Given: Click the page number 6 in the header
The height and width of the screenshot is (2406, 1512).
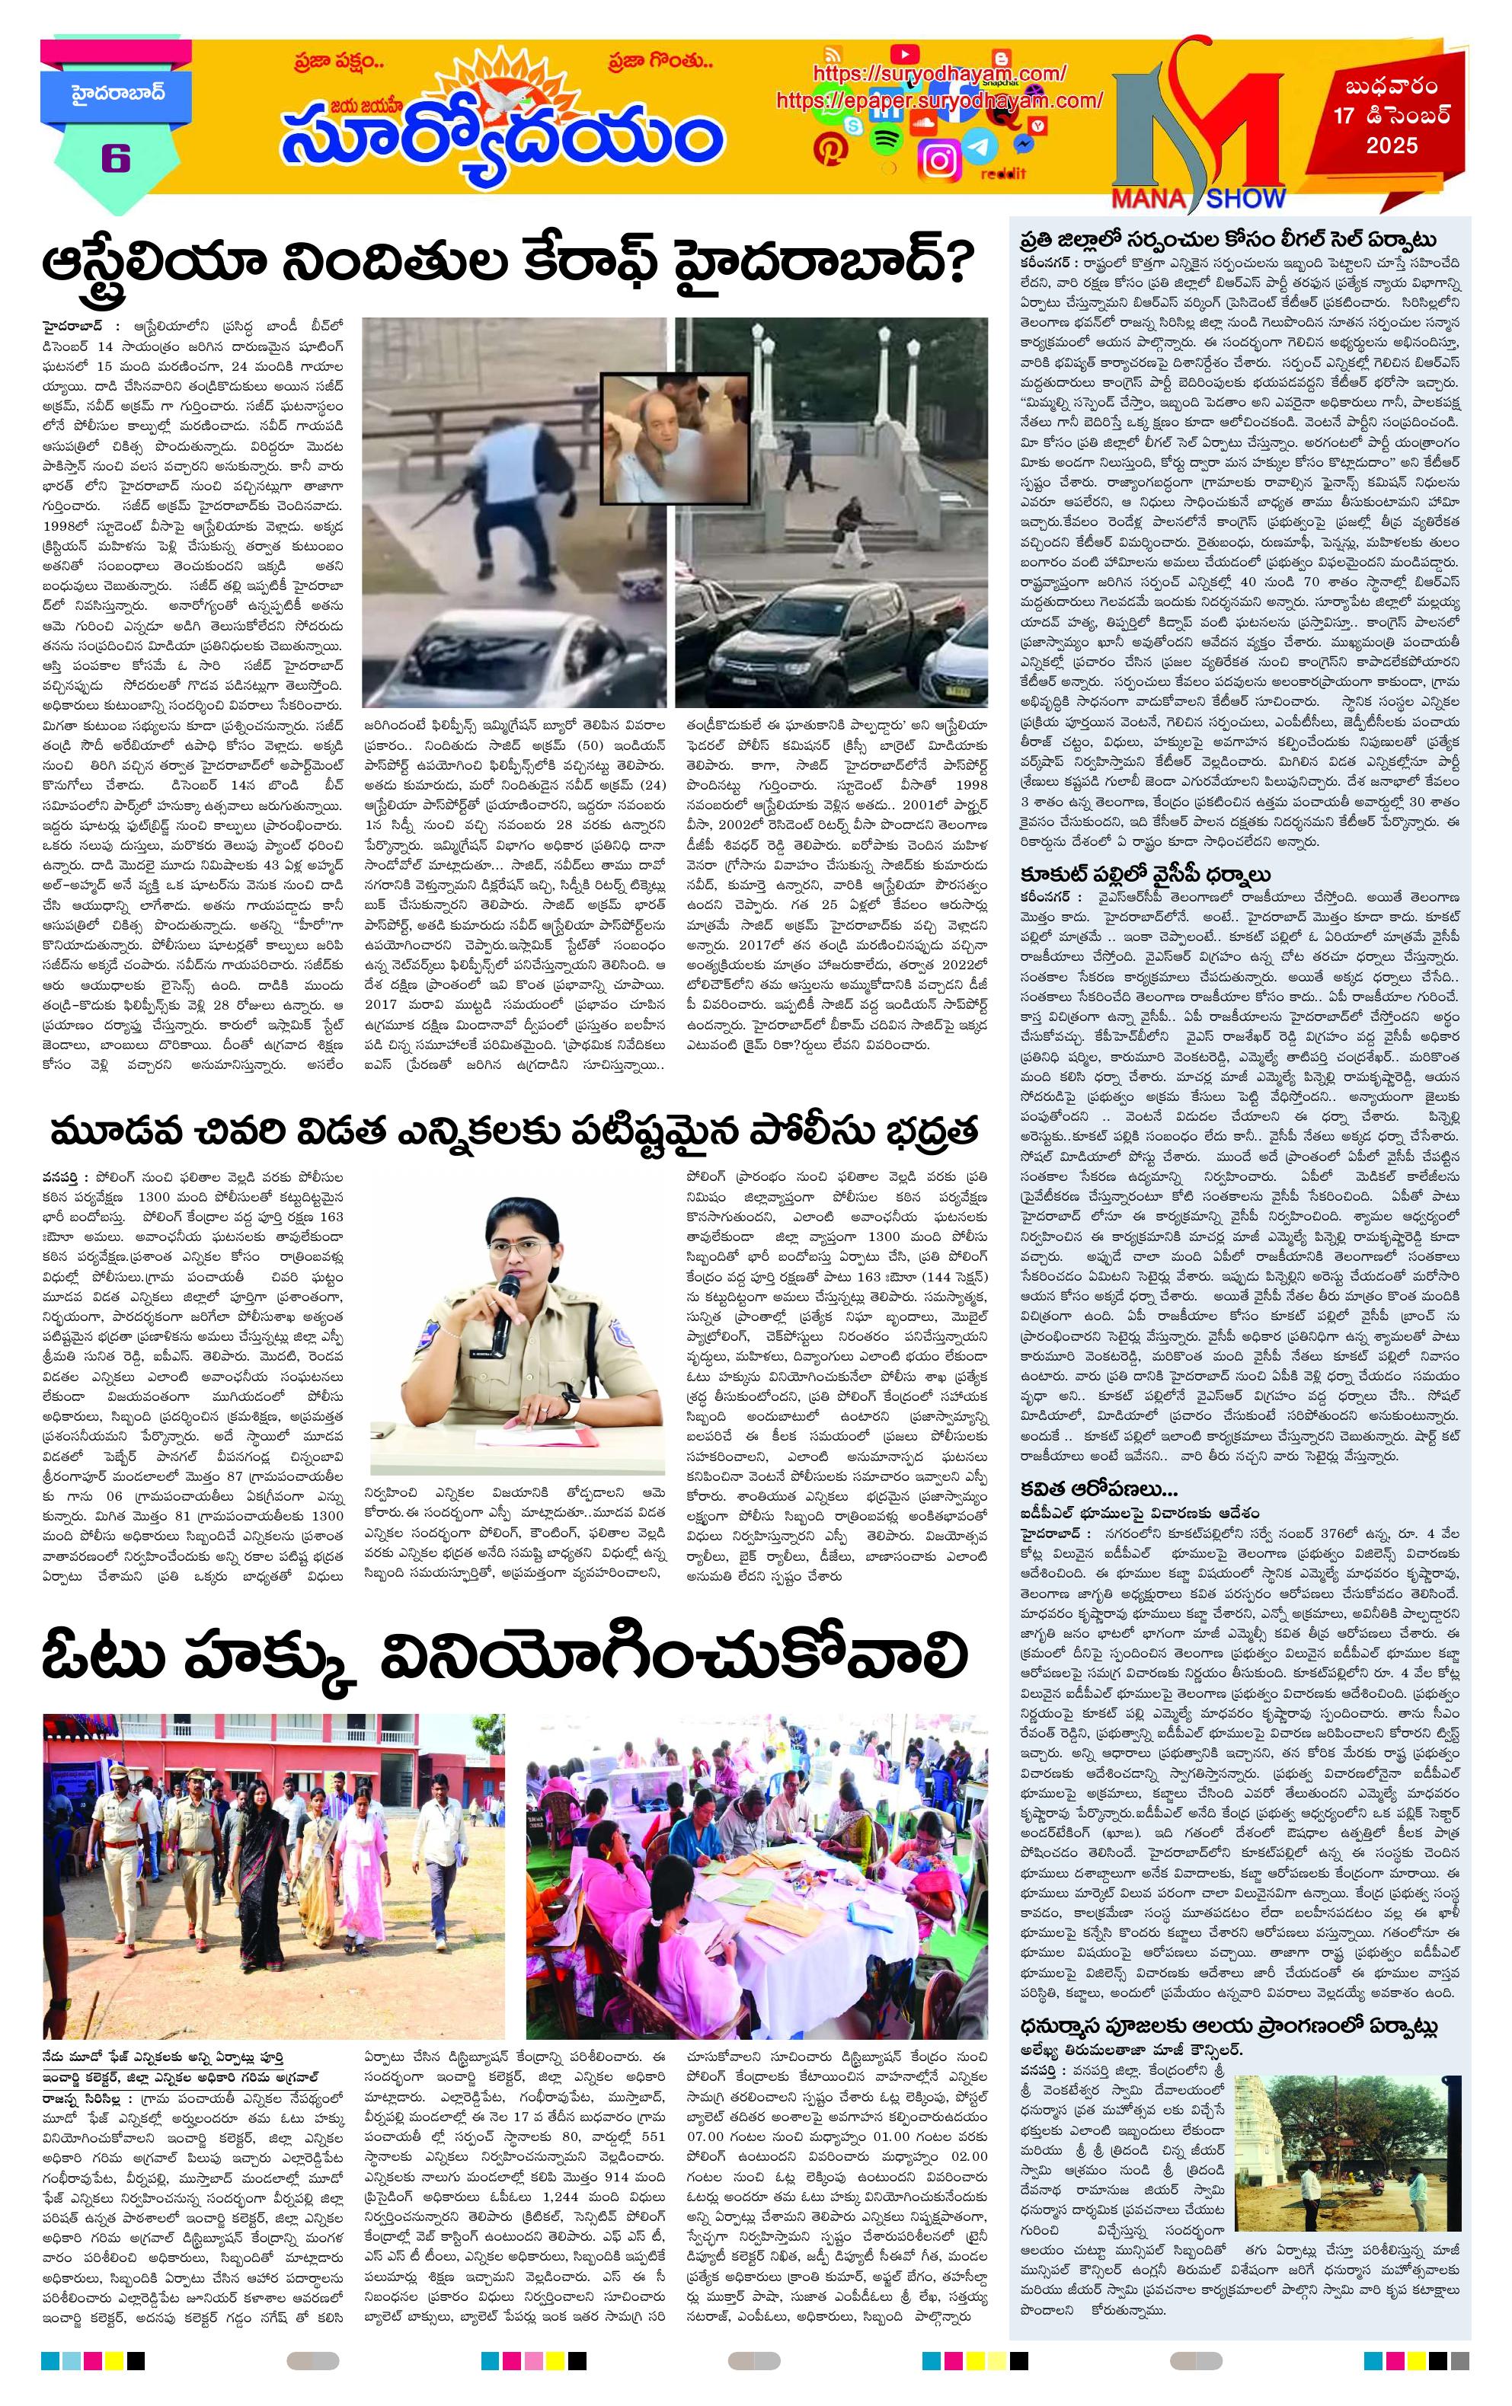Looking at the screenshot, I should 115,159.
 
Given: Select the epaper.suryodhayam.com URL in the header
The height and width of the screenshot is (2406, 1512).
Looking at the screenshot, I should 938,101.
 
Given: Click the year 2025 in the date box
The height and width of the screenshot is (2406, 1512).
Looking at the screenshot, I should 1392,146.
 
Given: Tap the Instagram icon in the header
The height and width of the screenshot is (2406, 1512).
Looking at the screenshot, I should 939,160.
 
